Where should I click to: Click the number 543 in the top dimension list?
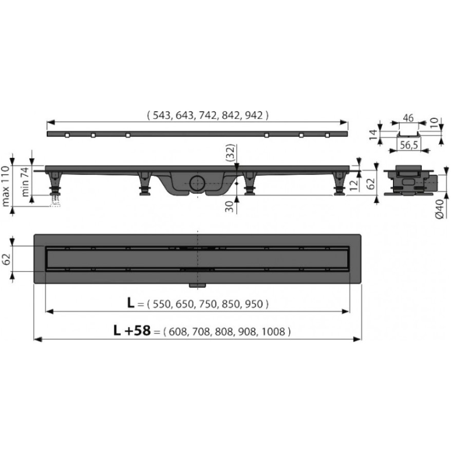click(161, 116)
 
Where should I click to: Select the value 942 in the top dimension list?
click(254, 116)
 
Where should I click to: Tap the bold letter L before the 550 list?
click(131, 303)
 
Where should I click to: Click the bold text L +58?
click(132, 330)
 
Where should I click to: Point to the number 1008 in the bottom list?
click(273, 331)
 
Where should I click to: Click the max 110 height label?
click(6, 186)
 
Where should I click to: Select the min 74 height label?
click(25, 182)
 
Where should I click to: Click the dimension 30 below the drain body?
click(229, 206)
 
